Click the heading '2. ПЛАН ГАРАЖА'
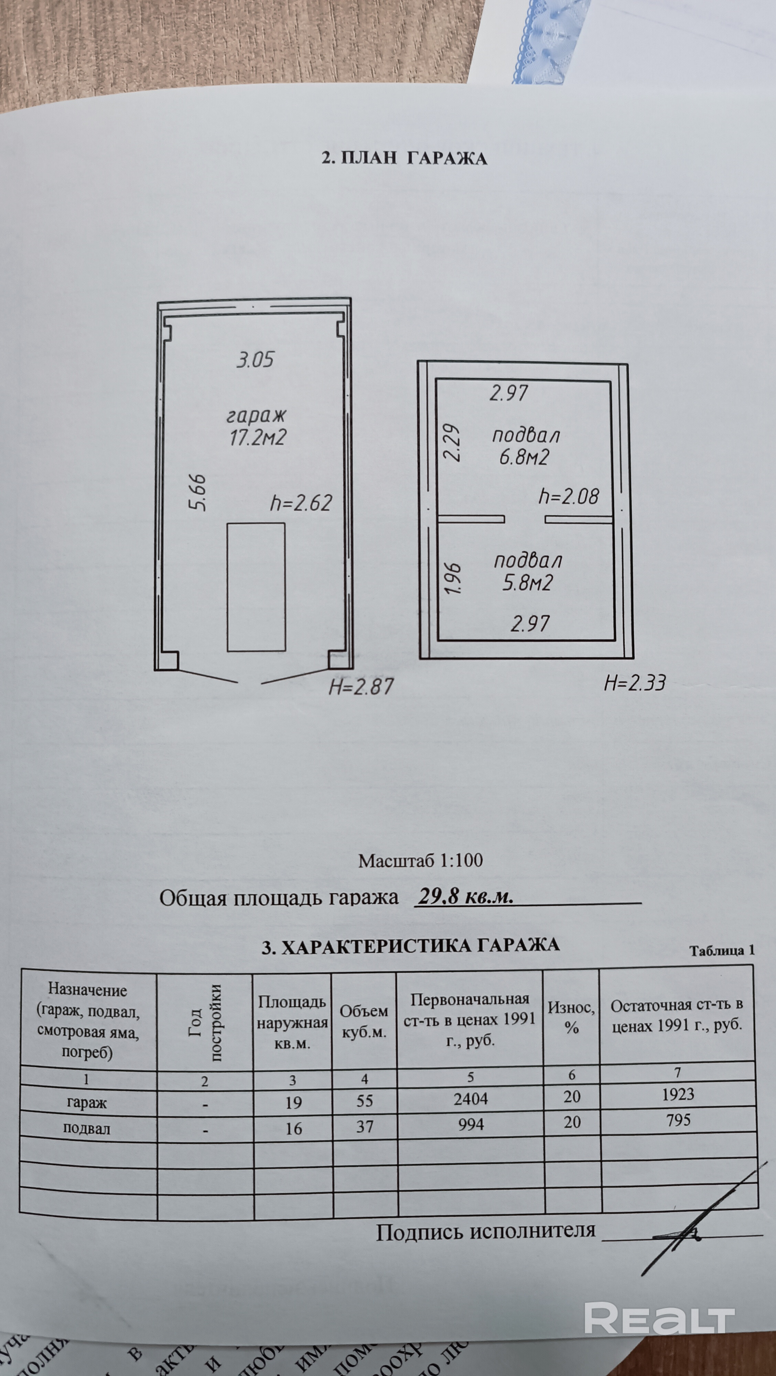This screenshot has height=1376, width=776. click(404, 159)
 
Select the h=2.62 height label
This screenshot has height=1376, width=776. click(301, 503)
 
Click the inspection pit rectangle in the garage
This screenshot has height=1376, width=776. click(256, 587)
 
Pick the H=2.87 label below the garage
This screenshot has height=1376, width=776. click(361, 686)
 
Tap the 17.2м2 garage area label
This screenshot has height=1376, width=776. click(257, 438)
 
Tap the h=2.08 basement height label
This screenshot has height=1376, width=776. click(569, 496)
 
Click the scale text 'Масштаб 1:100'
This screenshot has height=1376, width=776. click(420, 861)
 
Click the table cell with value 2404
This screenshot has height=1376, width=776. click(471, 1099)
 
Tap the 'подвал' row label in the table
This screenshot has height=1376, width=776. click(87, 1128)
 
